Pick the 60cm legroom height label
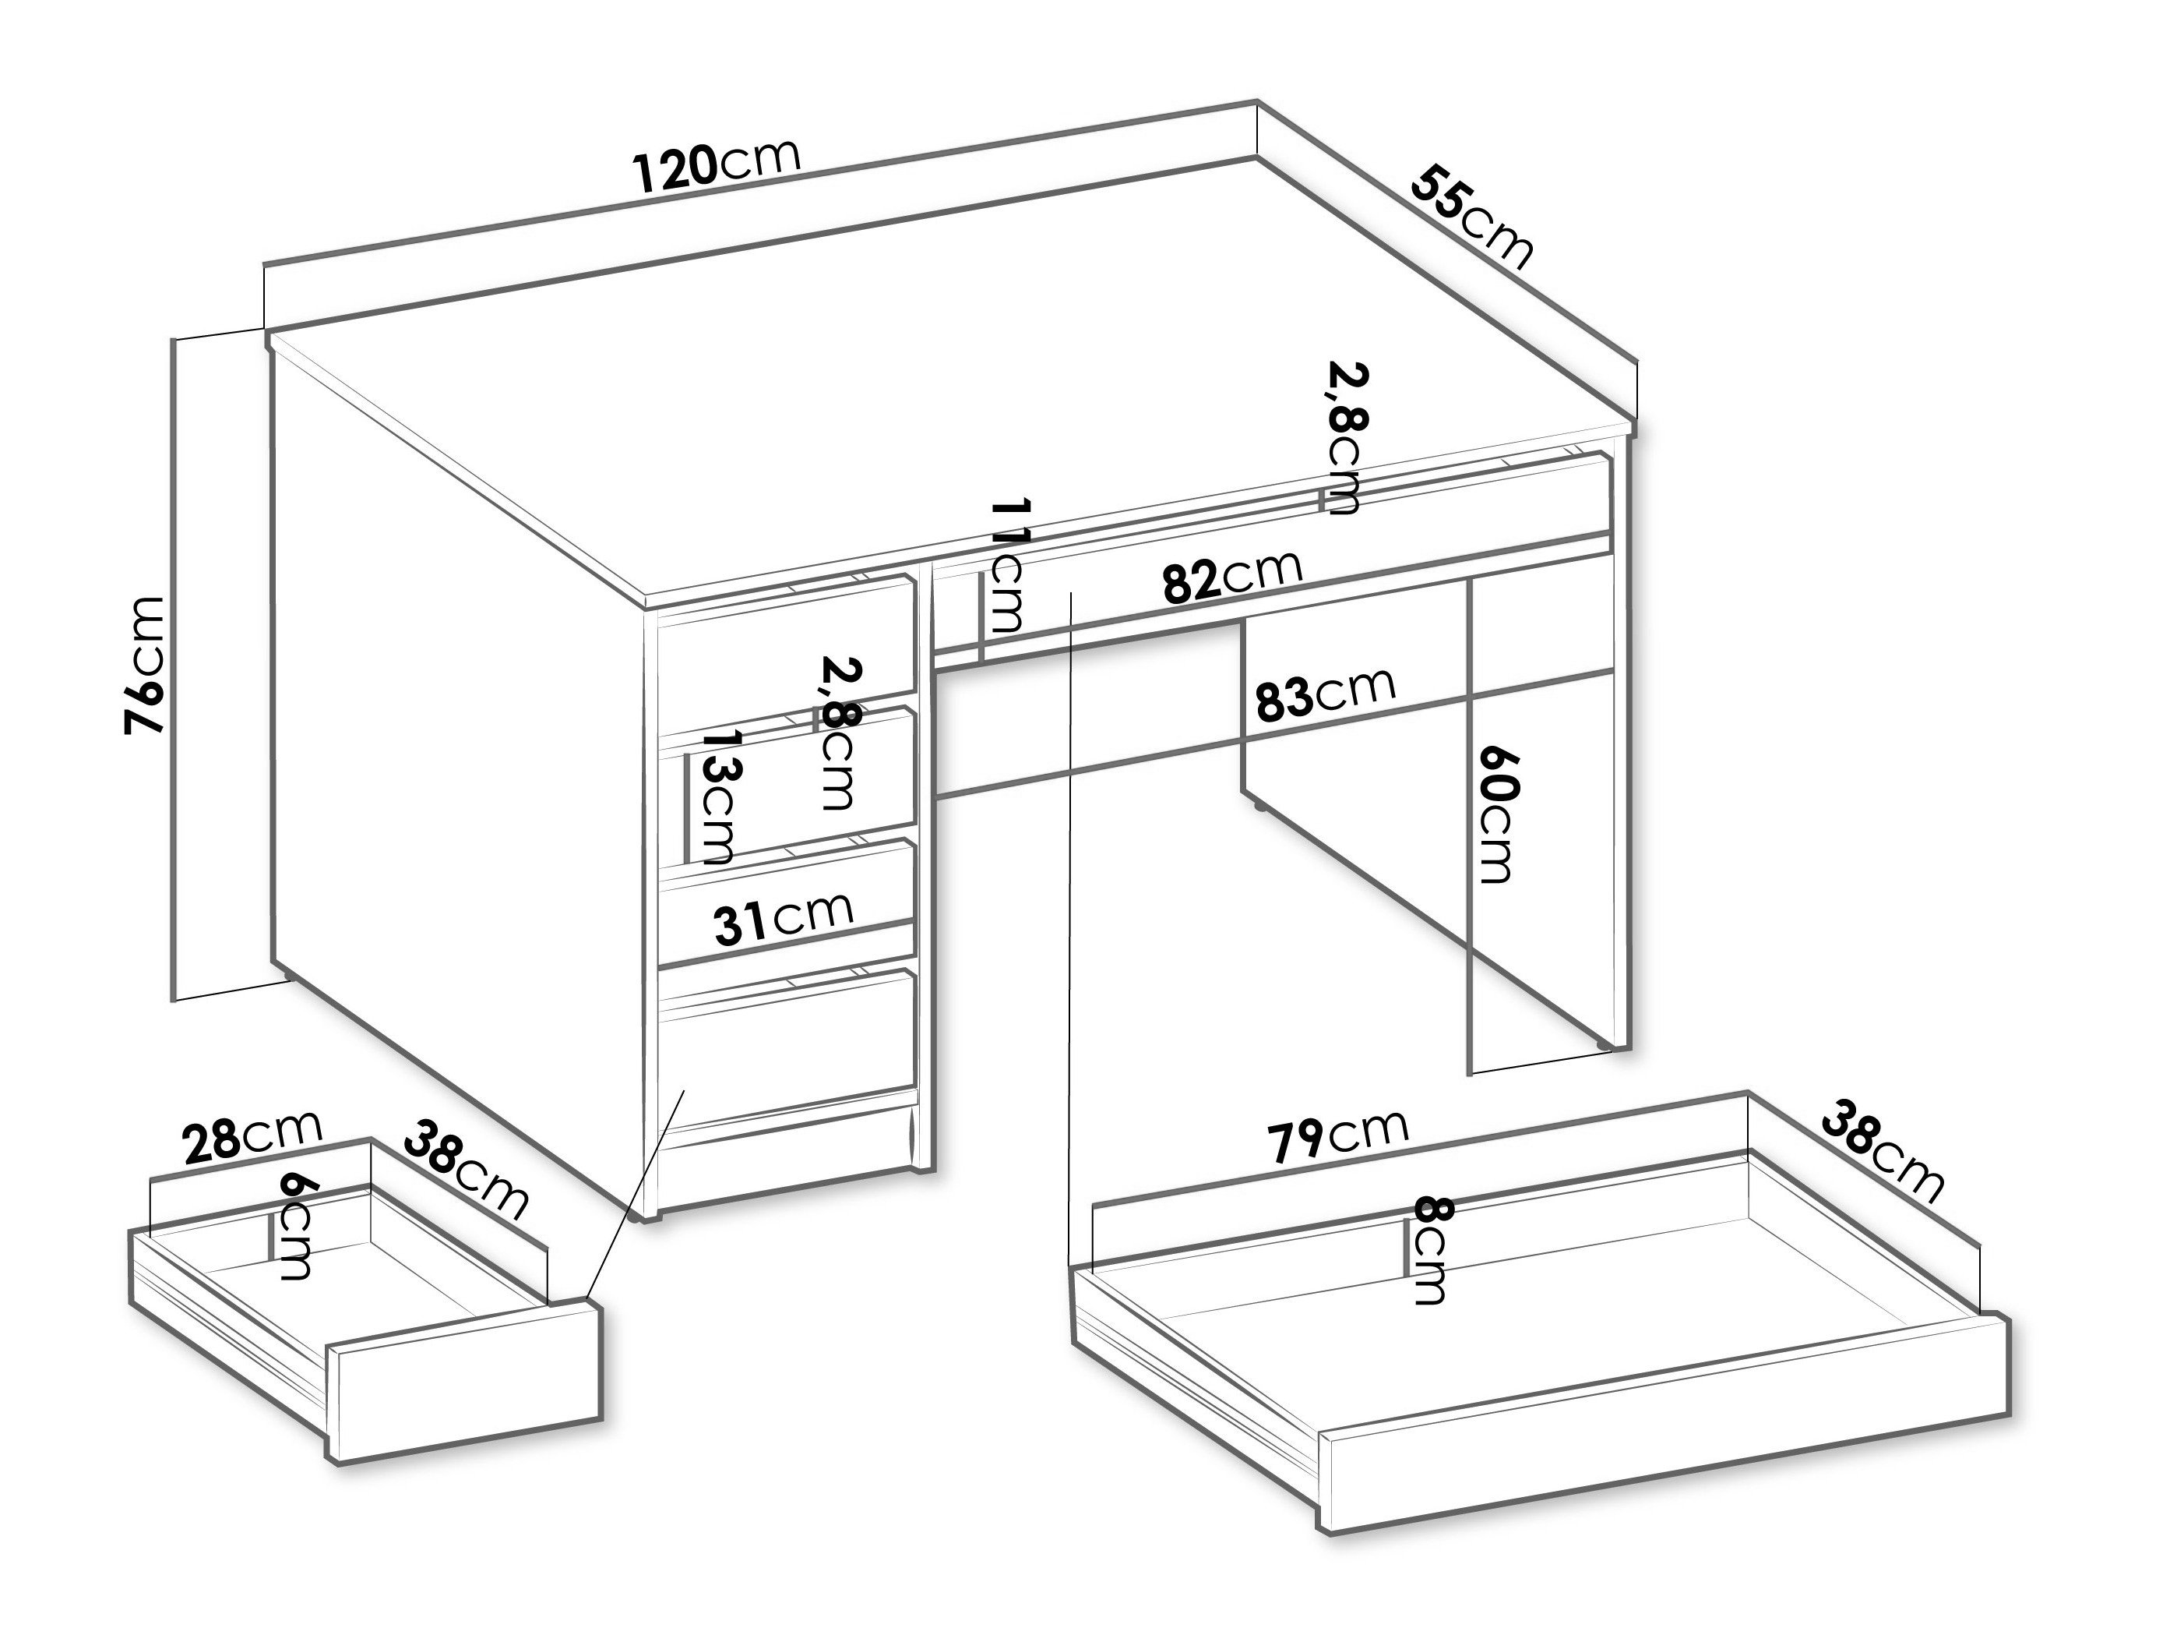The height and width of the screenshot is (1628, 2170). click(1496, 814)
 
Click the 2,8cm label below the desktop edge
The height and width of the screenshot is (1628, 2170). click(1346, 439)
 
